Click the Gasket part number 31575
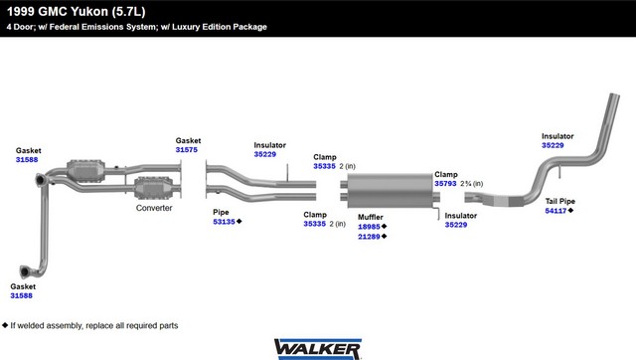pyautogui.click(x=187, y=150)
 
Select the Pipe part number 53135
pyautogui.click(x=224, y=222)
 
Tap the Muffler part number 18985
pyautogui.click(x=369, y=227)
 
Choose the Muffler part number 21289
pyautogui.click(x=369, y=237)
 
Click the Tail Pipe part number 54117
pyautogui.click(x=556, y=211)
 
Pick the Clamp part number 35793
pyautogui.click(x=445, y=183)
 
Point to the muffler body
pyautogui.click(x=390, y=190)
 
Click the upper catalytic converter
pyautogui.click(x=85, y=171)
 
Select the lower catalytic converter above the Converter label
pyautogui.click(x=153, y=188)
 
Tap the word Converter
pyautogui.click(x=154, y=208)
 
